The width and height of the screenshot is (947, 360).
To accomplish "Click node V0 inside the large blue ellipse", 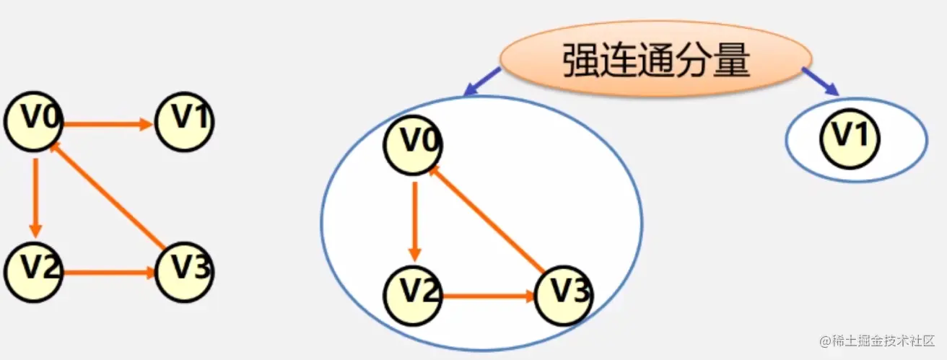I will point(413,144).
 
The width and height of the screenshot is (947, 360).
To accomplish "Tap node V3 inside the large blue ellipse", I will point(564,296).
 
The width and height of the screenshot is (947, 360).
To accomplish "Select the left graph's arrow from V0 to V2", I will point(35,193).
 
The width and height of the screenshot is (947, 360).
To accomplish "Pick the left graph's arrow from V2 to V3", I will point(108,273).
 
